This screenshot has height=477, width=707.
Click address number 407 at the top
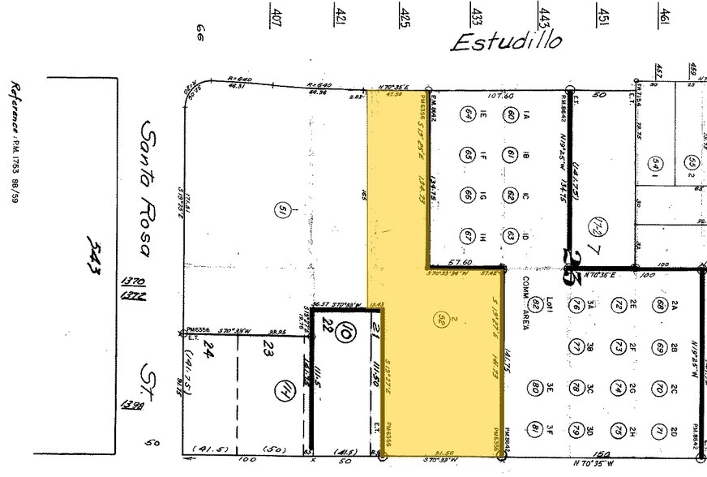pyautogui.click(x=276, y=17)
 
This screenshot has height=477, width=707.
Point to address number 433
pyautogui.click(x=477, y=15)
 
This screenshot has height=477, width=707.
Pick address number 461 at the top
pyautogui.click(x=664, y=15)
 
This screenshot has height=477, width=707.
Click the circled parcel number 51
pyautogui.click(x=281, y=211)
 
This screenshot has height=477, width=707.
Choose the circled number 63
pyautogui.click(x=510, y=236)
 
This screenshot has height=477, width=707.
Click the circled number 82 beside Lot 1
pyautogui.click(x=536, y=305)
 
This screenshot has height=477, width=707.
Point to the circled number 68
pyautogui.click(x=661, y=305)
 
